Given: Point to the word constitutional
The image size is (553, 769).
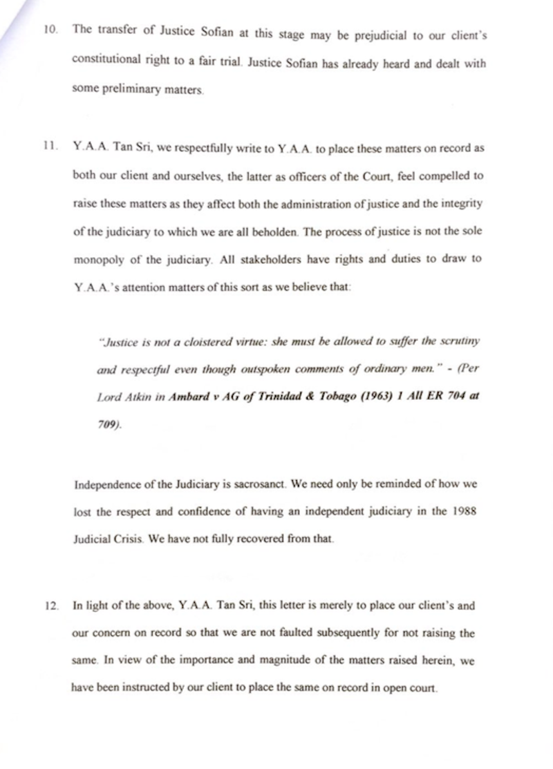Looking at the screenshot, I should pos(106,61).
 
